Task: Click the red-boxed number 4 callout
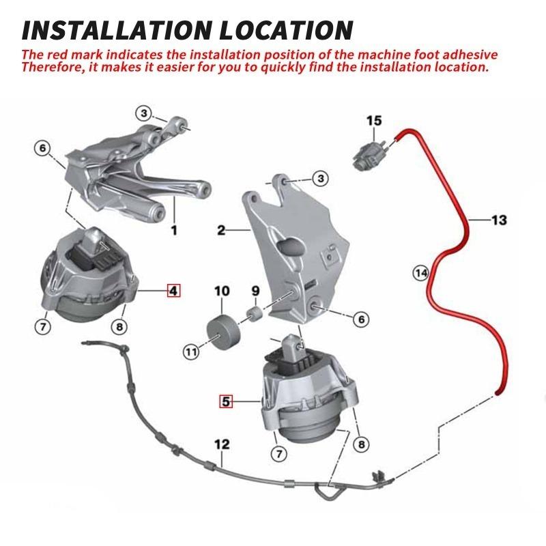coord(174,290)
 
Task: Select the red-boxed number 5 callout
coord(226,401)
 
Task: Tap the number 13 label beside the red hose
coord(499,220)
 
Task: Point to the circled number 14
coord(420,272)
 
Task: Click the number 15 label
coord(374,121)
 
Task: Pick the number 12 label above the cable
coord(222,444)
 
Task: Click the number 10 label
coord(222,291)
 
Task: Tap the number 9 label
coord(255,291)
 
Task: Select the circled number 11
coord(191,352)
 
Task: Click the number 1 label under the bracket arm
coord(174,230)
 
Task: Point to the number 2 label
coord(221,230)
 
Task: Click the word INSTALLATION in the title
coord(117,30)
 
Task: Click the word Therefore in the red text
coord(53,67)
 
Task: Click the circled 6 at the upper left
coord(42,148)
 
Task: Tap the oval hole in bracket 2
coord(291,247)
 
